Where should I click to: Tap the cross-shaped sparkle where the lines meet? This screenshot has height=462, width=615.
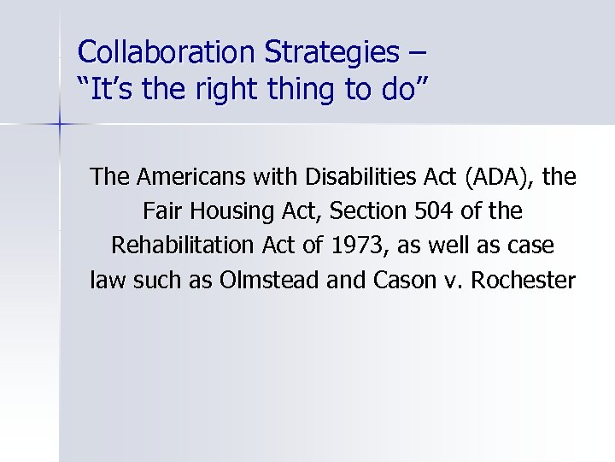click(x=60, y=125)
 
